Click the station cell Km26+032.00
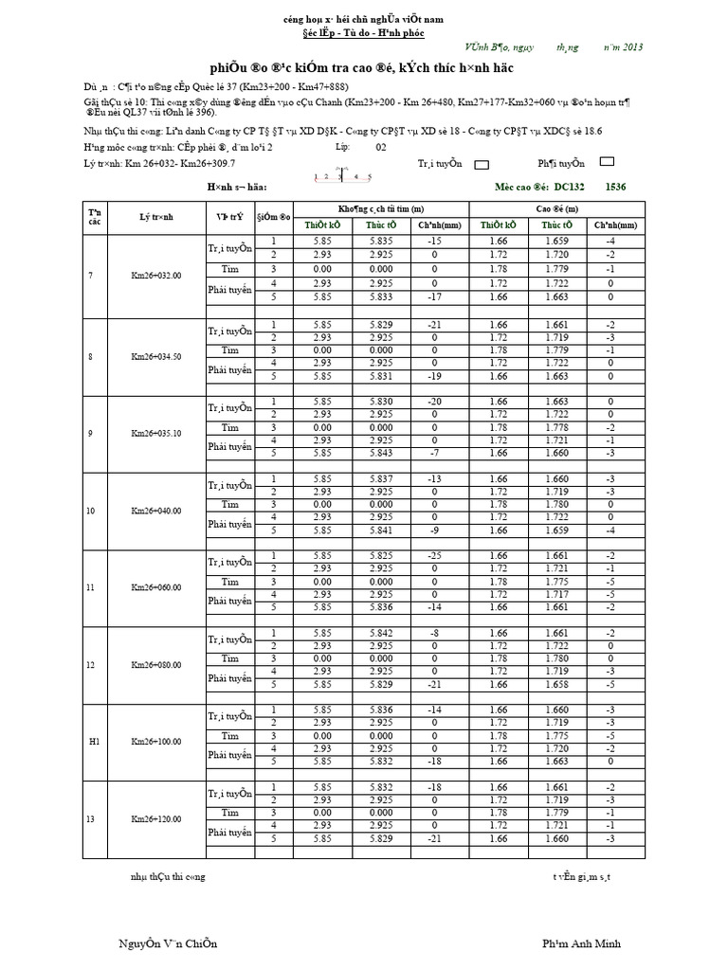coord(155,275)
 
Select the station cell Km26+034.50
coord(155,356)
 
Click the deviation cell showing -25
coord(434,555)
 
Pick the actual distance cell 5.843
coord(380,452)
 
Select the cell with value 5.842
coord(380,632)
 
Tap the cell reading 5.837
coord(380,478)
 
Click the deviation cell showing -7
coord(434,452)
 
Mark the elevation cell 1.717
coord(555,594)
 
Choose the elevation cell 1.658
coord(555,683)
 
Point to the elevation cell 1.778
coord(555,426)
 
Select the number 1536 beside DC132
coord(616,188)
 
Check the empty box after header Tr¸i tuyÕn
coord(482,164)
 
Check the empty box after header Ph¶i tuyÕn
coord(608,163)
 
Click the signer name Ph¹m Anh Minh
coord(581,943)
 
